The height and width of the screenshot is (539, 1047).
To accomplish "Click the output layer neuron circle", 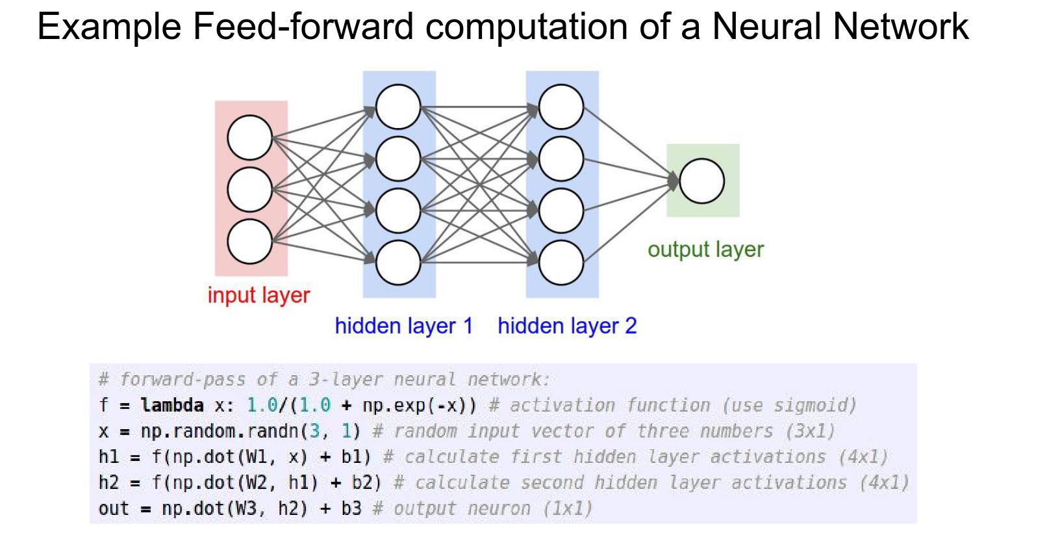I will (x=701, y=181).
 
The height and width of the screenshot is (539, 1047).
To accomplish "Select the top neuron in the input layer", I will (x=249, y=137).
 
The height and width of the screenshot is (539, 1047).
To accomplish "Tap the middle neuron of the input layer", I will (x=249, y=189).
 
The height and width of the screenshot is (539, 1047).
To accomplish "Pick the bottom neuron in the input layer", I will (x=249, y=241).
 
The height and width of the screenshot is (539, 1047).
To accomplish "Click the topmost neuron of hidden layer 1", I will (x=398, y=107).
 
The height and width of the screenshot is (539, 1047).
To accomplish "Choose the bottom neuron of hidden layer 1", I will (x=398, y=262).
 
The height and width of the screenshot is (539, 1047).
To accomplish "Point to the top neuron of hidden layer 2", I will (x=561, y=107).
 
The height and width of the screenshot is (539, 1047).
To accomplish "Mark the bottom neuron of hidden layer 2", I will (x=561, y=262).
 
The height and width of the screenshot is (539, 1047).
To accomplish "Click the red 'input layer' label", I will (x=259, y=295).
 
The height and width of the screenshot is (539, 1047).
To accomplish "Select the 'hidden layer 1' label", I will (x=403, y=326).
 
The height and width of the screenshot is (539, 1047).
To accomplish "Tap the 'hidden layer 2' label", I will (x=567, y=326).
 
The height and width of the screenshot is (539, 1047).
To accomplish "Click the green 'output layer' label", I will (x=705, y=250).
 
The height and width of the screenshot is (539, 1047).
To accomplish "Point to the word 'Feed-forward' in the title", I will (x=303, y=27).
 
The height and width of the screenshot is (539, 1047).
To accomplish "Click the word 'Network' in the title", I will (x=900, y=27).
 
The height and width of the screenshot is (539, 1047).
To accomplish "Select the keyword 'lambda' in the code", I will (x=172, y=406).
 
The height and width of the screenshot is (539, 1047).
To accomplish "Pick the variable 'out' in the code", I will (x=114, y=508).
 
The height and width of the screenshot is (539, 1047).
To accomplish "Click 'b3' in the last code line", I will (x=351, y=508).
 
